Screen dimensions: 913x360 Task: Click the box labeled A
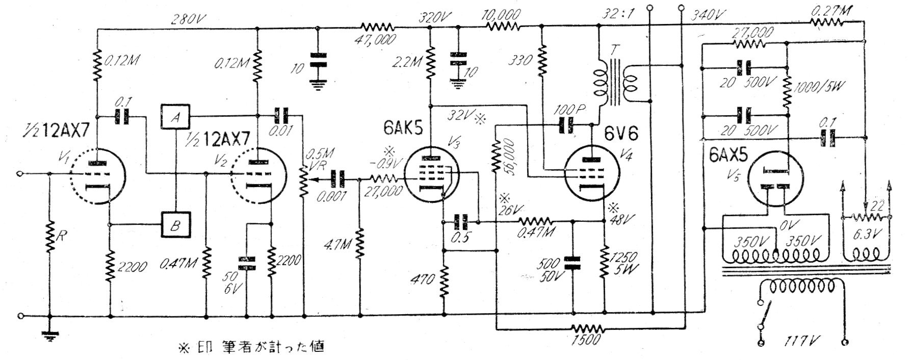click(175, 117)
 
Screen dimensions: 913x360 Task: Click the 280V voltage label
click(184, 19)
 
